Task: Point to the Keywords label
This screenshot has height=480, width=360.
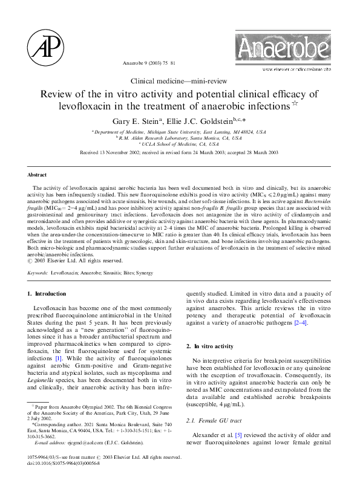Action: coord(38,273)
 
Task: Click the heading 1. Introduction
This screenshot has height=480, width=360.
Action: coord(47,294)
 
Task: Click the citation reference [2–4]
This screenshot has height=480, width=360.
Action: coord(299,324)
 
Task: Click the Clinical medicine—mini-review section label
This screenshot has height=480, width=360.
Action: coord(180,80)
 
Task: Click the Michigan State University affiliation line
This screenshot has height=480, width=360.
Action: coord(179,131)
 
